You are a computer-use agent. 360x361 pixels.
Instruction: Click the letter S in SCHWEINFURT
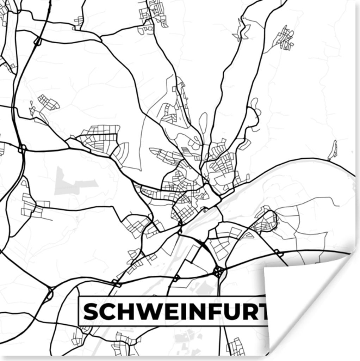[91, 311]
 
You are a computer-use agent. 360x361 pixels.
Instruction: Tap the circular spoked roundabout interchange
[218, 271]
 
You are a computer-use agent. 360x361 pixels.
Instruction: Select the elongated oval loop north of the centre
[203, 122]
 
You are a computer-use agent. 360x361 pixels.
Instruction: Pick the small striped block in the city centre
[186, 151]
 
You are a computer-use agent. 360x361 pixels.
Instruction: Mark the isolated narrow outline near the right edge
[333, 151]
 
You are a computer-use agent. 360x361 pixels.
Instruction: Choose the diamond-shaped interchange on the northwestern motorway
[37, 42]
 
